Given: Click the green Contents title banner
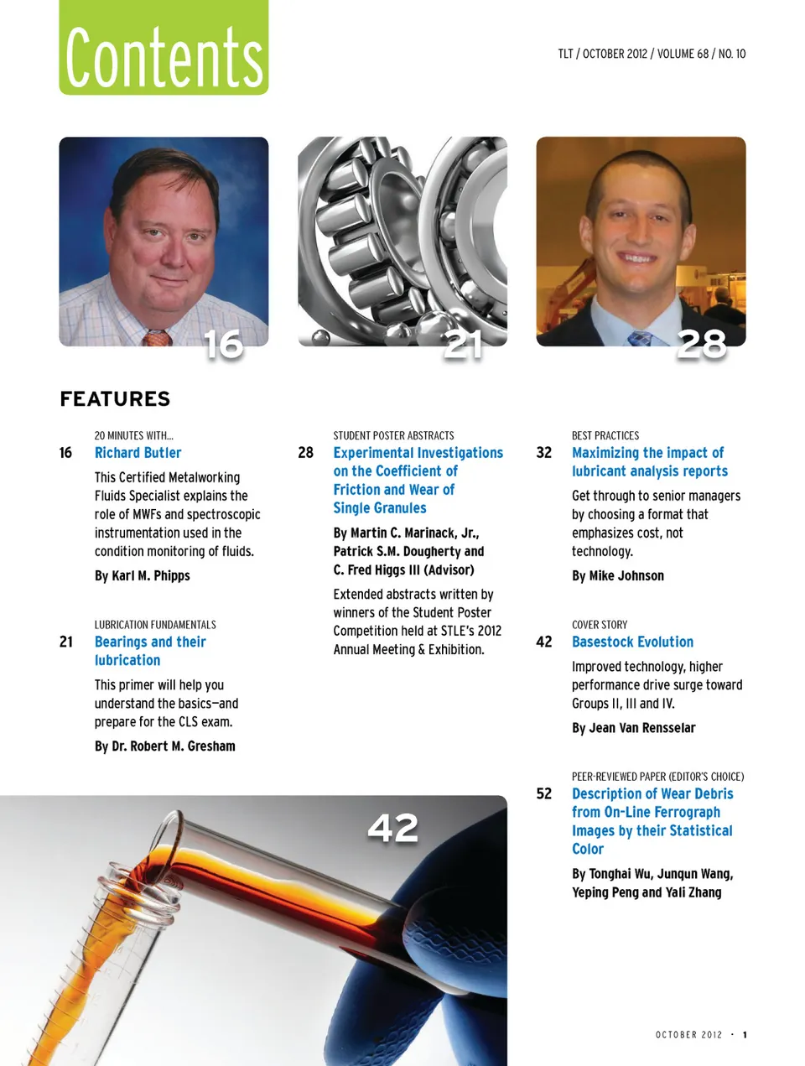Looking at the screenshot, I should (x=164, y=49).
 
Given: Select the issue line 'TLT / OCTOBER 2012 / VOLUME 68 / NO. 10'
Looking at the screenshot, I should (x=652, y=54).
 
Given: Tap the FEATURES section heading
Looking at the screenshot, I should (x=115, y=399).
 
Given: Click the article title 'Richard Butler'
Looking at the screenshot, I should (x=138, y=453).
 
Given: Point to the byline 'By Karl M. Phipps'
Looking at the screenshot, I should (x=142, y=575).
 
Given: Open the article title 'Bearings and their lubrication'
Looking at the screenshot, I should (x=150, y=651).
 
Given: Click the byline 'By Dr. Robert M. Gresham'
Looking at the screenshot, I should (x=164, y=746).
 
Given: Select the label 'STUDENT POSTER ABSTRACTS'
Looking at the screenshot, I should (x=393, y=435).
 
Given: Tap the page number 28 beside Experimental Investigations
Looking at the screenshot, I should (x=305, y=453).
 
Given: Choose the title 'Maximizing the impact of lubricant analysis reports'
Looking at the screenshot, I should (x=649, y=462).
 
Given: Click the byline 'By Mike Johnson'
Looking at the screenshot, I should (x=617, y=575).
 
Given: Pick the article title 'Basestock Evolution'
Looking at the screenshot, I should (x=632, y=642).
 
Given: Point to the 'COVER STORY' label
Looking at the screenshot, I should (x=599, y=625).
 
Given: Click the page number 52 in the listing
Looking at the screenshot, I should (x=543, y=793).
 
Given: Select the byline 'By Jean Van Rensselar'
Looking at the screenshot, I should (x=633, y=728).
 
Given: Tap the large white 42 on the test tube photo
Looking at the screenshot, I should (x=392, y=828).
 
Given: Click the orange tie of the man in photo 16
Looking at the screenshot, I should (x=157, y=338).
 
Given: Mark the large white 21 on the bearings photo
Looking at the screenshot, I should (x=463, y=345).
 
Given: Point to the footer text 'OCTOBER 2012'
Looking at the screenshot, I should (x=688, y=1035).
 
